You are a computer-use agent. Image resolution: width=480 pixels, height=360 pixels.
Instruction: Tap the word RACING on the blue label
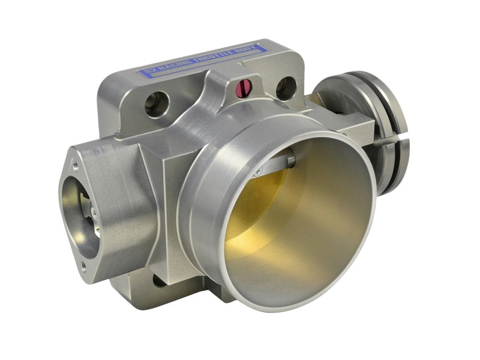click(172, 67)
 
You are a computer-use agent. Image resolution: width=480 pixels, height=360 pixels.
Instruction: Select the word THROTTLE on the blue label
click(206, 58)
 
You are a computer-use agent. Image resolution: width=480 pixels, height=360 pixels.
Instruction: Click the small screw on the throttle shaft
click(257, 172)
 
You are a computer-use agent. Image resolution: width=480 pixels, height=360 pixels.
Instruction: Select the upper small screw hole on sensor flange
click(74, 162)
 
